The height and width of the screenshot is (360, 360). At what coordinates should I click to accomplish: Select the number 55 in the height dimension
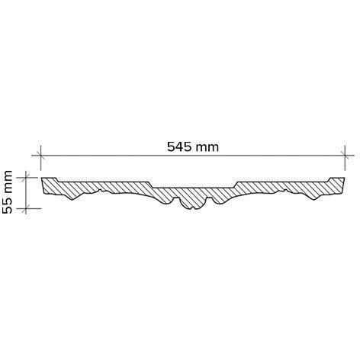click(x=7, y=205)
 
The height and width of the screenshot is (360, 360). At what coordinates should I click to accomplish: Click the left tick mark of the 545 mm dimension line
click(x=40, y=155)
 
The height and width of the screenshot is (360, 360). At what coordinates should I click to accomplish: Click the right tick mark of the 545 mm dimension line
click(x=345, y=155)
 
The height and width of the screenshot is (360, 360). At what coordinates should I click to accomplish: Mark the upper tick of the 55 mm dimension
click(x=26, y=178)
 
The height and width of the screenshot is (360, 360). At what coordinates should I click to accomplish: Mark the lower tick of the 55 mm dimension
click(x=26, y=208)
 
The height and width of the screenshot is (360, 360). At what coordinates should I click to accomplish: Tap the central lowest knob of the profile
click(x=193, y=204)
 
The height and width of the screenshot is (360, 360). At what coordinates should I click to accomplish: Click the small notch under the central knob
click(x=193, y=208)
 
